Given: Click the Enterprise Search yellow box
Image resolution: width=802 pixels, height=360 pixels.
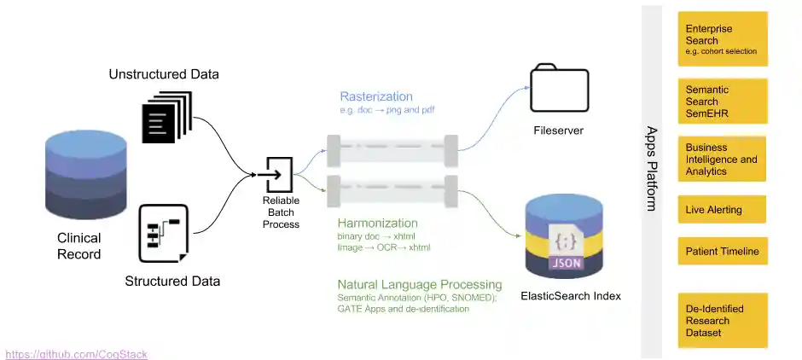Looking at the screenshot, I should [x=722, y=39].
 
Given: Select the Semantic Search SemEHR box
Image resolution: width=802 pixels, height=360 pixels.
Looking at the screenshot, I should [x=722, y=101].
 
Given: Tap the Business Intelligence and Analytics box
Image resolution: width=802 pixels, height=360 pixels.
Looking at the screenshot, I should [x=722, y=160].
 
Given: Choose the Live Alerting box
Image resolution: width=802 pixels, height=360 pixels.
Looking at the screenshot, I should [x=722, y=210].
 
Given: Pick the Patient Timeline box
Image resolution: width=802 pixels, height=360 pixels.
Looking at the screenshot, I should [x=722, y=252].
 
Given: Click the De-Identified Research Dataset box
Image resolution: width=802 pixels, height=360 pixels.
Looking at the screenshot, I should [x=722, y=320].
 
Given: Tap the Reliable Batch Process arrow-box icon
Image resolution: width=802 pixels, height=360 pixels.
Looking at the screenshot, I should [x=280, y=174].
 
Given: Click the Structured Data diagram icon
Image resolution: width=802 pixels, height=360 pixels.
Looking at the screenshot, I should [x=163, y=233].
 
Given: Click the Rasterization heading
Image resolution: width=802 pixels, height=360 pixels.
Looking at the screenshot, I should [x=376, y=96].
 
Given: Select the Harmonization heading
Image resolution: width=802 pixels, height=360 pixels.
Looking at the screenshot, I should [x=377, y=223].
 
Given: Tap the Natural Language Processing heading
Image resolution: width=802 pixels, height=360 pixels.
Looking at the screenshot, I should [x=420, y=285].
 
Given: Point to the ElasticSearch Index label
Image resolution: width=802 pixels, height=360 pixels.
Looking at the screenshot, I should [x=571, y=296].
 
